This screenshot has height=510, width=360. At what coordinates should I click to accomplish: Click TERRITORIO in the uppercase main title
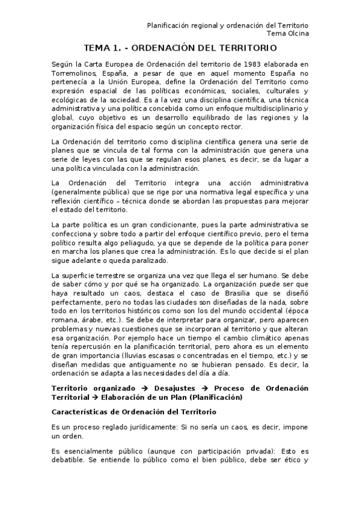pyautogui.click(x=241, y=48)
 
